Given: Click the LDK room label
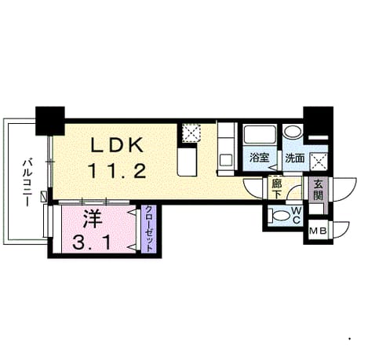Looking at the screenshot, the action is click(117, 145).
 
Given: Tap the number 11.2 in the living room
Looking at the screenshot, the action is click(117, 170).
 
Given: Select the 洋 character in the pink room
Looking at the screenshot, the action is click(93, 219).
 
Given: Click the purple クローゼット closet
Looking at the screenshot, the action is click(148, 229).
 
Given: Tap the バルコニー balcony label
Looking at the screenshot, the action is click(27, 182).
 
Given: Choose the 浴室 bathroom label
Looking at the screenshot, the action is click(259, 158).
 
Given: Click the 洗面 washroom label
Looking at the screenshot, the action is click(295, 158).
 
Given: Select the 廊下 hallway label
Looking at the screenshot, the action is click(276, 189).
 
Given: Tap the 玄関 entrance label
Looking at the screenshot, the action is click(318, 190).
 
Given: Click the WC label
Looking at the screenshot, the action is click(296, 215).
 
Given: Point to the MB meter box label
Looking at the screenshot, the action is click(318, 231).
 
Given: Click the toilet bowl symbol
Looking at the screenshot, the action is click(279, 215).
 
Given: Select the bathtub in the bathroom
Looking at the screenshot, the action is click(260, 134).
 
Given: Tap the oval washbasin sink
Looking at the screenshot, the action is click(293, 131).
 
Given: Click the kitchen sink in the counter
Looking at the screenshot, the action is click(226, 160).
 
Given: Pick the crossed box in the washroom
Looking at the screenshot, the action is click(319, 162).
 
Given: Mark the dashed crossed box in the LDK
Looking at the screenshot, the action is click(191, 133).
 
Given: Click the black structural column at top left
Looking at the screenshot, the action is click(50, 121).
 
